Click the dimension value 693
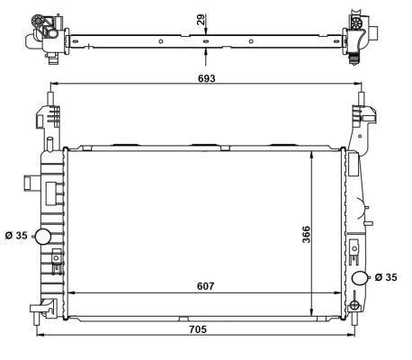207,79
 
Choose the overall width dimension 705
198,329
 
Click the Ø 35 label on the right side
386,277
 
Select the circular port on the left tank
42,237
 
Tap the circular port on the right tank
360,278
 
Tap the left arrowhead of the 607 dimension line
73,293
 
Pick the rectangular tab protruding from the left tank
31,184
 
